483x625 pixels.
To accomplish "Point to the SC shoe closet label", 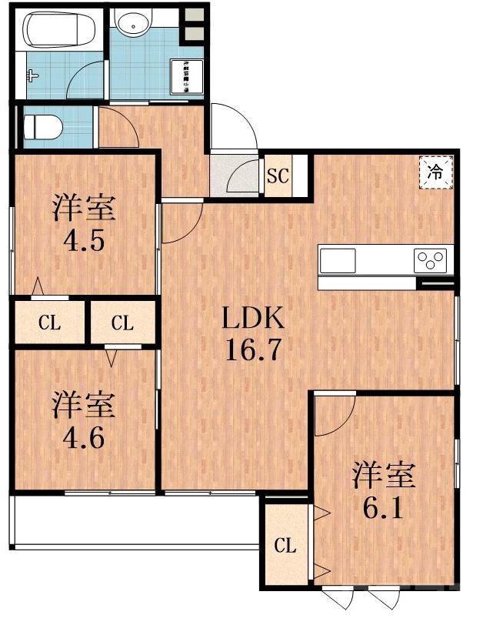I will pyautogui.click(x=277, y=175).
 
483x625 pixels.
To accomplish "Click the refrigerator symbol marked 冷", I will pyautogui.click(x=435, y=171).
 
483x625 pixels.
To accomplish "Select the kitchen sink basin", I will pyautogui.click(x=339, y=259).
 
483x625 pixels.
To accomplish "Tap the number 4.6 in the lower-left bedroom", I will pyautogui.click(x=84, y=440).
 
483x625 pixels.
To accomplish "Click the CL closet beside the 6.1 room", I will pyautogui.click(x=285, y=546).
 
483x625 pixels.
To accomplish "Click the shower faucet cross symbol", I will pyautogui.click(x=32, y=75).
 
